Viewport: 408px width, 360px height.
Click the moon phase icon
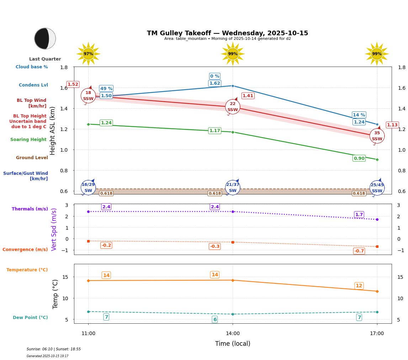click(45, 38)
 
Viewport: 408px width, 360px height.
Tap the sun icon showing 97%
click(88, 54)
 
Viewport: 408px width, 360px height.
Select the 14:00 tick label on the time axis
click(233, 334)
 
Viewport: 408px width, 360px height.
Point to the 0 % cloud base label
click(214, 76)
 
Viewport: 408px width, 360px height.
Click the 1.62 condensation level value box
click(214, 83)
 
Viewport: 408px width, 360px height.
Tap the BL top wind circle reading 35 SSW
click(377, 136)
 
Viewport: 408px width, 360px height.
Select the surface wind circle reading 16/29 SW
click(88, 187)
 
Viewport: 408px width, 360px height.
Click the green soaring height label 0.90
click(359, 158)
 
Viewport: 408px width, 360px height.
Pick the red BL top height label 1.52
click(73, 84)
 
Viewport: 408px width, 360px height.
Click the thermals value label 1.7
click(359, 215)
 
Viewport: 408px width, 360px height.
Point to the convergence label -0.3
click(214, 246)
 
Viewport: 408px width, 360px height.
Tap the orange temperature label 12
click(359, 286)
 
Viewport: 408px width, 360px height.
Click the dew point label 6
click(214, 319)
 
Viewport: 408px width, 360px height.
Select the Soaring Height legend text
click(28, 140)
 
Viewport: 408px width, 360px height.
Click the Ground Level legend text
click(32, 158)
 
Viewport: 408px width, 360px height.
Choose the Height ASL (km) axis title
click(53, 131)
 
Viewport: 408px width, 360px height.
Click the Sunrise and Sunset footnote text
click(54, 349)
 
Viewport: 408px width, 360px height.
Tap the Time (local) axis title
click(233, 344)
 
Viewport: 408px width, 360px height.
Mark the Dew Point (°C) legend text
click(30, 318)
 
